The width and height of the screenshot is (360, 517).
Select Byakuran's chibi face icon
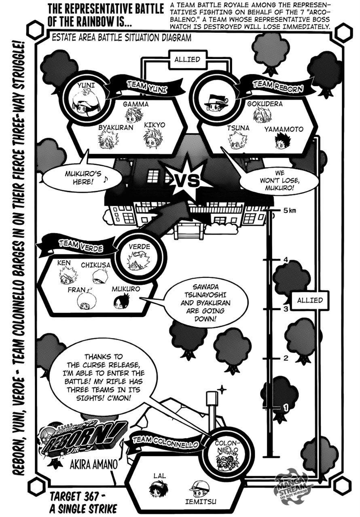pyautogui.click(x=106, y=140)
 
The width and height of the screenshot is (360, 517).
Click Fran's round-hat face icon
pyautogui.click(x=85, y=299)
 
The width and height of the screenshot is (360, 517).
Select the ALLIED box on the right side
pyautogui.click(x=310, y=300)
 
